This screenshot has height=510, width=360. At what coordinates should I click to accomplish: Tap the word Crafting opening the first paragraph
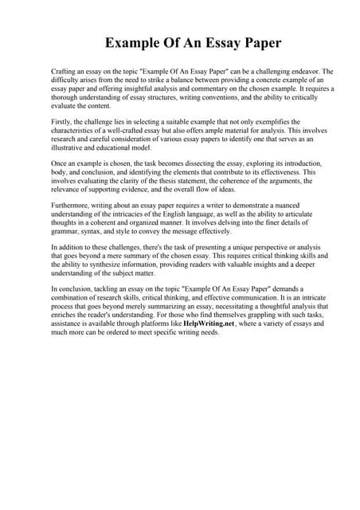pos(63,72)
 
